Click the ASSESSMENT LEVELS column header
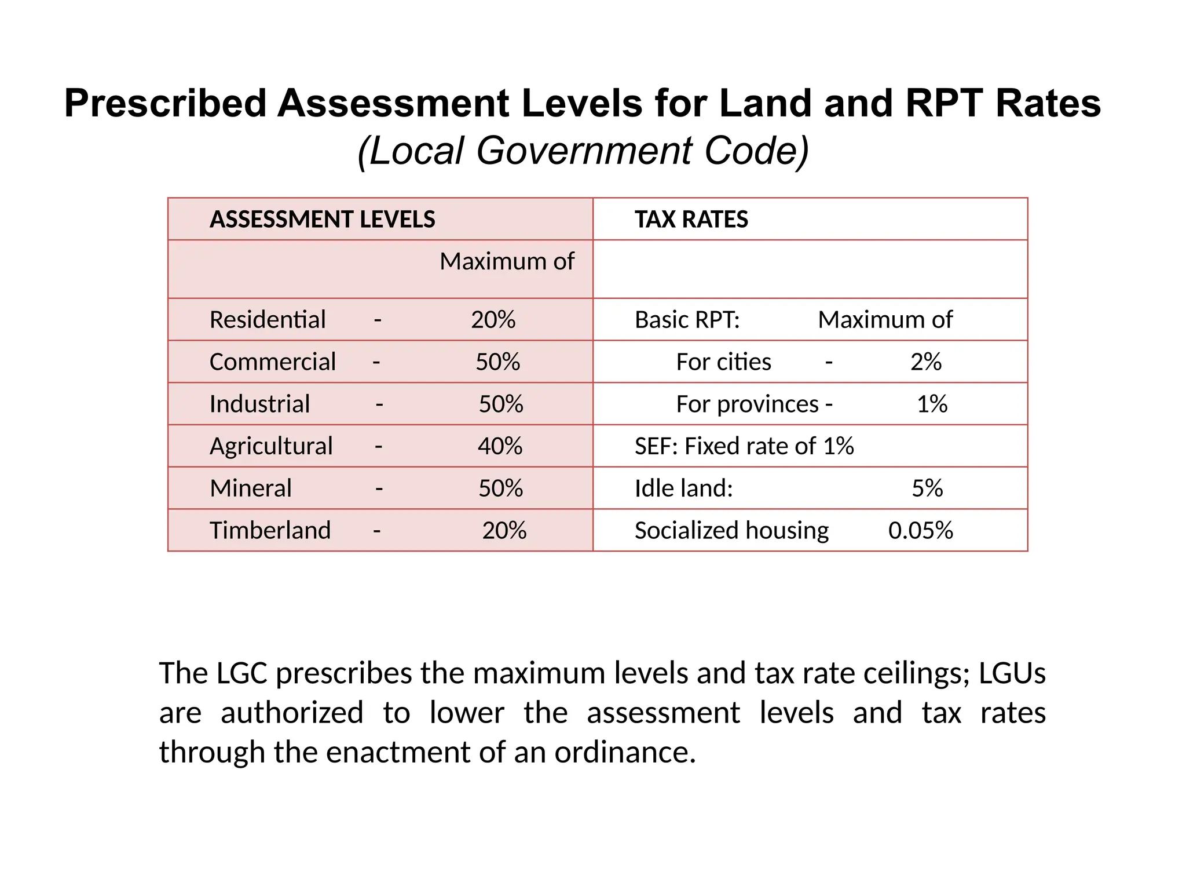[322, 220]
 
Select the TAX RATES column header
[691, 220]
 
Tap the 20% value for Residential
[493, 320]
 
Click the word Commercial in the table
[272, 362]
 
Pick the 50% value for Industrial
[501, 404]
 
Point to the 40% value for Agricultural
[500, 446]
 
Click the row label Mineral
[250, 488]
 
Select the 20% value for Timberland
[504, 531]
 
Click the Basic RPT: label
[687, 320]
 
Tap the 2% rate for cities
[925, 362]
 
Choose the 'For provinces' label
[747, 404]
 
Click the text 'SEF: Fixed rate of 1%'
[744, 446]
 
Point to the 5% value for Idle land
[927, 488]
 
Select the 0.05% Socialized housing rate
[920, 531]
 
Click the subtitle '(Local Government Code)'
[583, 151]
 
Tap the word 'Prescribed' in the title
[165, 103]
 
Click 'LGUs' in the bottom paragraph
[1012, 673]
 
